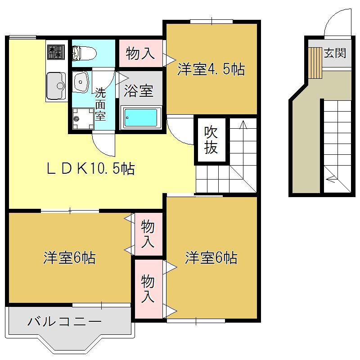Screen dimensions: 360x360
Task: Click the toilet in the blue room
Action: [84, 53]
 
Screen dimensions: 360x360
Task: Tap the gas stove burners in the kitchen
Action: [56, 52]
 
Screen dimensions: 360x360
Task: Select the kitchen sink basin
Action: [56, 86]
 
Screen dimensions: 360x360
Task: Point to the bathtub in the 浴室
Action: [140, 118]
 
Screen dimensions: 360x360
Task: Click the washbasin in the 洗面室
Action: [81, 81]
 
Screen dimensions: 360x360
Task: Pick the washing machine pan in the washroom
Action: [83, 119]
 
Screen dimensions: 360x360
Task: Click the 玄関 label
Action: [335, 53]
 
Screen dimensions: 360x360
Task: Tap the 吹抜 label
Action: [211, 140]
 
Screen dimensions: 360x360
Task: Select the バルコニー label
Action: [64, 321]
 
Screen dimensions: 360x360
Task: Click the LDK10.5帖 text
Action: [91, 169]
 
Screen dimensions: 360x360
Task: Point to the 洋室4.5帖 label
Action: [211, 69]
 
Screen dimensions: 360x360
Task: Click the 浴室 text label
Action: [139, 91]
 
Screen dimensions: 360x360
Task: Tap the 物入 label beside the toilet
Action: [140, 54]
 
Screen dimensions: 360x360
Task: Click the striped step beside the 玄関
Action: [315, 63]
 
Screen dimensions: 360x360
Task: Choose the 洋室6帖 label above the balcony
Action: [70, 258]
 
